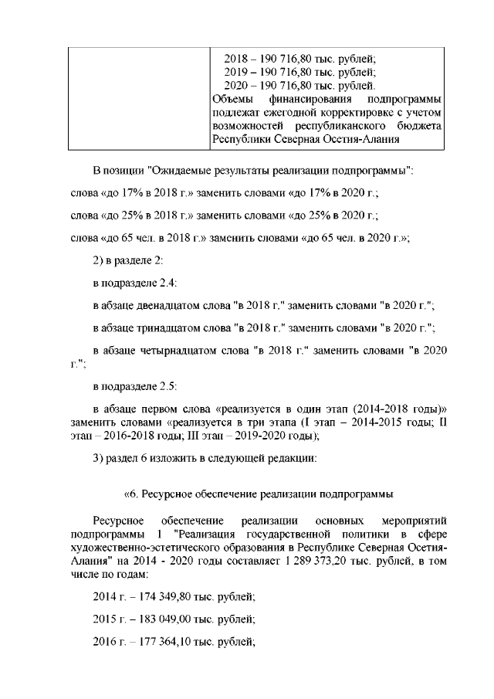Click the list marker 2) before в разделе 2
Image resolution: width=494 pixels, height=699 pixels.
pyautogui.click(x=98, y=262)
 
